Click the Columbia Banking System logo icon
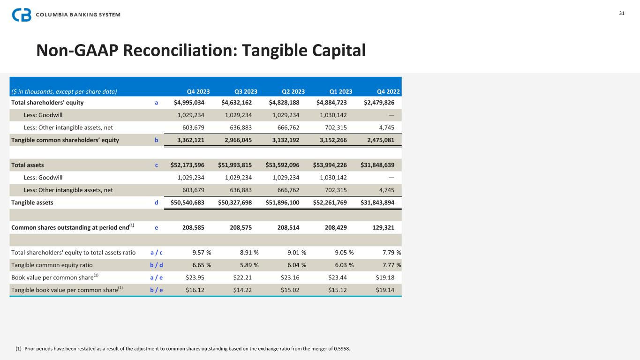point(22,15)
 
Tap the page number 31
point(622,13)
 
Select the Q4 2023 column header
point(198,91)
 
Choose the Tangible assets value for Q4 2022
point(377,202)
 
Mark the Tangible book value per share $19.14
point(385,290)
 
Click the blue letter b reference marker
point(157,140)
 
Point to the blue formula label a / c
point(157,253)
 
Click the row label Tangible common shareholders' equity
point(65,140)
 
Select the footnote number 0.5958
point(342,349)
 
